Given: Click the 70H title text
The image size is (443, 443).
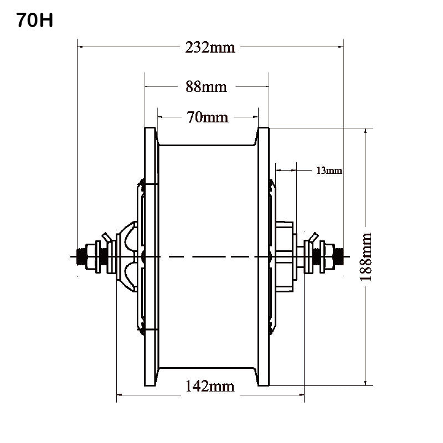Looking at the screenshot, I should coord(34,21).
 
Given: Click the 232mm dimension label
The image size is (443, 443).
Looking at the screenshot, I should coord(210,48).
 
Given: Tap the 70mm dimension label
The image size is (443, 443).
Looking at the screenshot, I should coord(208,117).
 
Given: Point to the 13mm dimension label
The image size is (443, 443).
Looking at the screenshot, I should coord(329,171).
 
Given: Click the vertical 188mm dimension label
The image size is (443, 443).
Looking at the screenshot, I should coord(365,257).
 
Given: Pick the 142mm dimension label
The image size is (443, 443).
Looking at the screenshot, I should coord(209,387).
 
